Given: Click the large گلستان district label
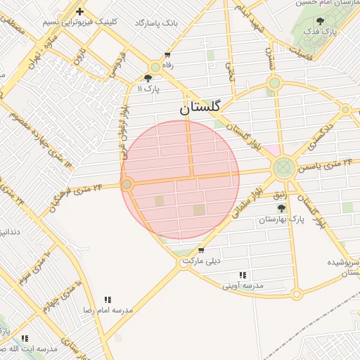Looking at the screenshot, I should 199,108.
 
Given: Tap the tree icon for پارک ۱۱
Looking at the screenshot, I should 148,79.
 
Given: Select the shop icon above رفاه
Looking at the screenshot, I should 167,54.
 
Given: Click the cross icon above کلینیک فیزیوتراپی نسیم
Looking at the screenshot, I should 80,11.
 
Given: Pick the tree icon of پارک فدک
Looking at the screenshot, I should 321,21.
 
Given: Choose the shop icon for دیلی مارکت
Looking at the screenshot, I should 201,250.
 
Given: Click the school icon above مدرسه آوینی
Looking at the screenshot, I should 243,275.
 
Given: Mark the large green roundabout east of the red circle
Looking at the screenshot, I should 284,168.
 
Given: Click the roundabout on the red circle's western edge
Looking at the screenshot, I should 127,184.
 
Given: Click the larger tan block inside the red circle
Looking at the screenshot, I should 200,210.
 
